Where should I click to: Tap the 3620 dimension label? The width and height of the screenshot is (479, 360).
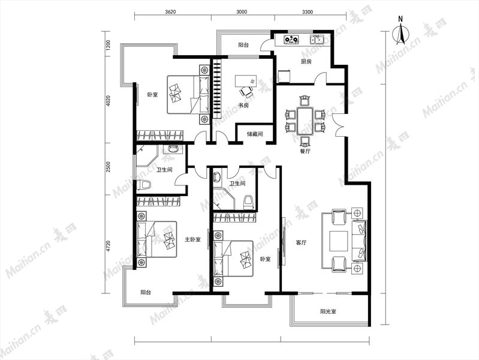tap(170, 12)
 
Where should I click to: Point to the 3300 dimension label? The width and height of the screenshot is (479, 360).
tap(308, 12)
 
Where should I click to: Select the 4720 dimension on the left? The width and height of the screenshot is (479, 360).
tap(107, 247)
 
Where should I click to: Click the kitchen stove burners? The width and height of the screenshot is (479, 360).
tap(291, 40)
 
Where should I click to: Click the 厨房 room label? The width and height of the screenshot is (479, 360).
tap(306, 61)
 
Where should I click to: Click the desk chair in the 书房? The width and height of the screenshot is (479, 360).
tap(246, 91)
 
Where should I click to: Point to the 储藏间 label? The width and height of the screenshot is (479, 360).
tap(255, 134)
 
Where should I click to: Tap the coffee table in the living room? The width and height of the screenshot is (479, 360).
tap(339, 241)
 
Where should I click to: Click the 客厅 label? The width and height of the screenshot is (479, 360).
tap(301, 243)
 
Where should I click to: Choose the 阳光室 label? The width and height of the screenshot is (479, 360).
tap(328, 311)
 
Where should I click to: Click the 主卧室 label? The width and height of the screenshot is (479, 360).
tap(193, 239)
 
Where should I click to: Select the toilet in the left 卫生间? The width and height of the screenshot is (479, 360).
tap(144, 185)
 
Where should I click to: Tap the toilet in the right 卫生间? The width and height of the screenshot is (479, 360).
tap(248, 202)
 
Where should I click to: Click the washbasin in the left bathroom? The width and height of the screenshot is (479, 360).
tap(173, 149)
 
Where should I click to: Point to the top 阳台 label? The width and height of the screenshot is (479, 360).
tap(243, 45)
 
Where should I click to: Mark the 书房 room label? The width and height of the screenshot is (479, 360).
tap(243, 106)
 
